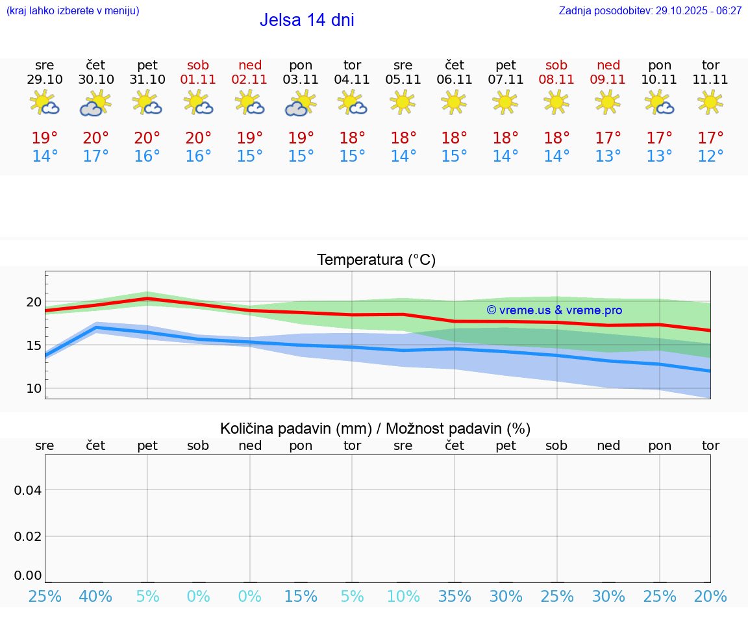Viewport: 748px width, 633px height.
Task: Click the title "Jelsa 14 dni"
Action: pos(306,20)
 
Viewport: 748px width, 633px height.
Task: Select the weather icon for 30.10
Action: pos(95,103)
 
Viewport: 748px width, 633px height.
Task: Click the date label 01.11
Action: pos(198,80)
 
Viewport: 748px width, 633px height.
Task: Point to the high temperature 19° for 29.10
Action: pos(45,138)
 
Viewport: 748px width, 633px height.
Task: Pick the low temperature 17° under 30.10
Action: pos(95,156)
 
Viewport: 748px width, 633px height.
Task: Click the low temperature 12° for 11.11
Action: pos(710,156)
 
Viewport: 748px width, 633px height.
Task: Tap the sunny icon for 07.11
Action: pos(505,102)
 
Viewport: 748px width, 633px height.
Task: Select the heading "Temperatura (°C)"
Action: pos(376,260)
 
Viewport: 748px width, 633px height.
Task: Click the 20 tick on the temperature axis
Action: pos(34,302)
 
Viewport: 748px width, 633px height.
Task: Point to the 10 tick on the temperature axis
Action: pos(34,388)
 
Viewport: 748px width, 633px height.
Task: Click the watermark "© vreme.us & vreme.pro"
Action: pos(554,310)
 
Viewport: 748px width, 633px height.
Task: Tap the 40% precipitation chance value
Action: pos(95,597)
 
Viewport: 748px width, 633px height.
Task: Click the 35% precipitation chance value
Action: pos(454,597)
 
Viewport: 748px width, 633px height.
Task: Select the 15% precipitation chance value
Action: pos(301,597)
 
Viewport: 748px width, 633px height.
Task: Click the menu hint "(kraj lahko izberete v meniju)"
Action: pos(73,11)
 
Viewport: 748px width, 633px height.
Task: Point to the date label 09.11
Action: pos(608,80)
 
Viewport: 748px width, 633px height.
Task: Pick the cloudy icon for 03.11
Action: pos(300,103)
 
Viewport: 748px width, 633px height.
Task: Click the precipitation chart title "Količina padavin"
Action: pos(295,428)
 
